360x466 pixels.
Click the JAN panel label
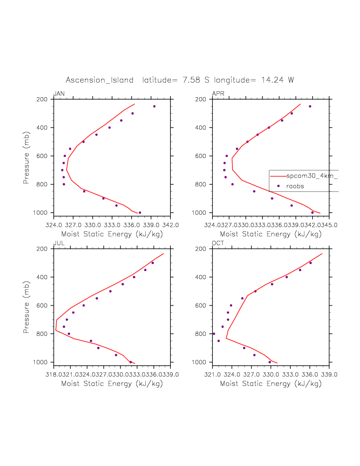pos(59,94)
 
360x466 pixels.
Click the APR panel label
pos(218,94)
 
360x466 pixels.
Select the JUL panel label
pos(58,243)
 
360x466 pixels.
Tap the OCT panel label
pos(218,243)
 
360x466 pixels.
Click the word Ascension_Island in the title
pos(100,80)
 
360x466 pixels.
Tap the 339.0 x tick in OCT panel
pos(329,374)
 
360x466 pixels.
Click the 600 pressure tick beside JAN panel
pos(42,156)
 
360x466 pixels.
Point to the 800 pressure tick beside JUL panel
pos(42,334)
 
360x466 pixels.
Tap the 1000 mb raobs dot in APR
pos(312,213)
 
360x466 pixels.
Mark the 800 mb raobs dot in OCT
pos(214,334)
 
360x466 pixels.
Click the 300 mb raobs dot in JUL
pos(152,263)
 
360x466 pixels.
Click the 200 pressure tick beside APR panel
pos(201,99)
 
